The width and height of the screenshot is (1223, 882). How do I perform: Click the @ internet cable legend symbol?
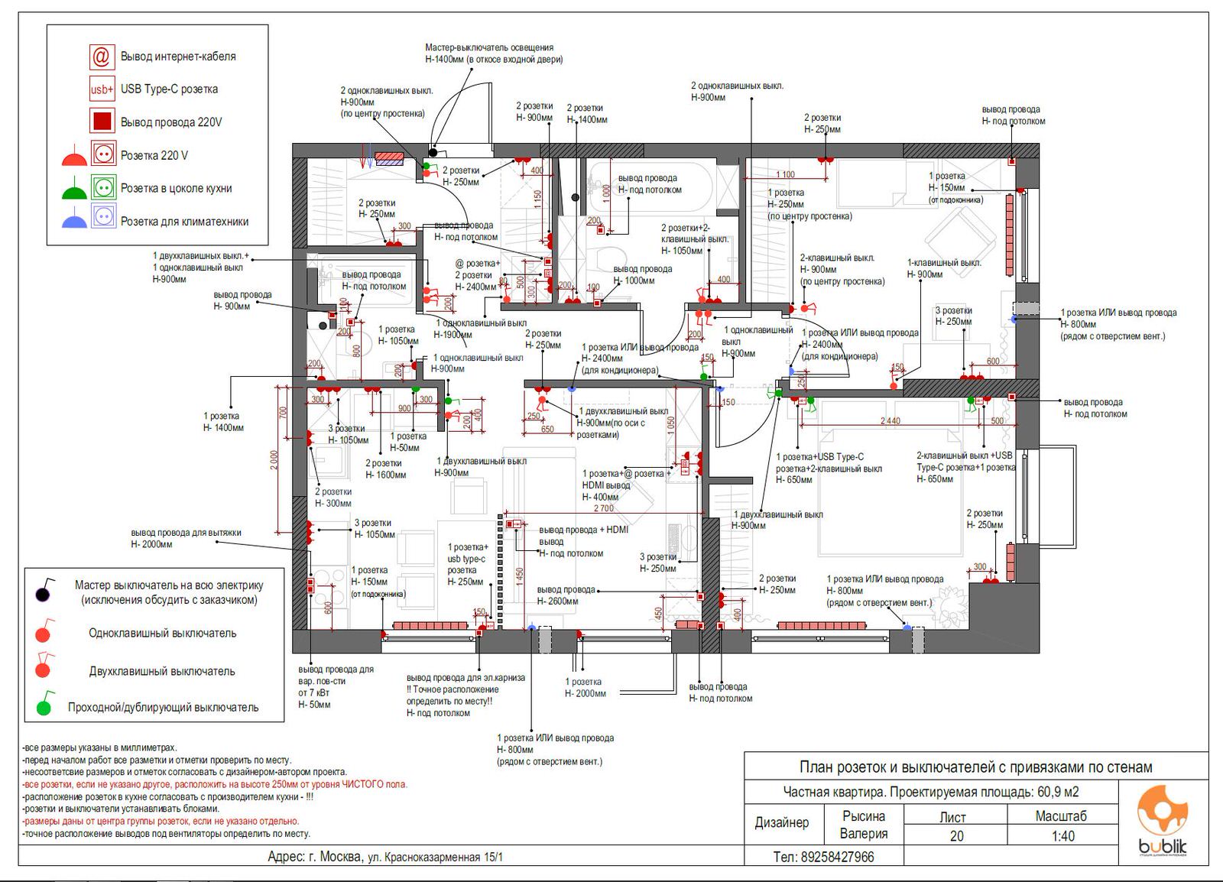tap(102, 57)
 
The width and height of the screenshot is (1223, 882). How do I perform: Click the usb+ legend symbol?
tap(102, 89)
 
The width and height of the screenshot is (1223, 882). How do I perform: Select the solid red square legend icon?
tap(102, 122)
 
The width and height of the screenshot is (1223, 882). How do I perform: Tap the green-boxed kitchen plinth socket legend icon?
tap(102, 187)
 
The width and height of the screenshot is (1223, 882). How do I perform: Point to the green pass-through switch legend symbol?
tap(44, 706)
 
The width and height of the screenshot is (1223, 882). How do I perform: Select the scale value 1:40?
tap(1060, 836)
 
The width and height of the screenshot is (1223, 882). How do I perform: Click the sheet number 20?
tap(956, 836)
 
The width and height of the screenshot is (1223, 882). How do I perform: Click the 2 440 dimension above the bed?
tap(890, 421)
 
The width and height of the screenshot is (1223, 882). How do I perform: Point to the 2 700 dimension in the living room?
tap(603, 507)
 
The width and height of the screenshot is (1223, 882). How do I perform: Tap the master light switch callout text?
tap(494, 54)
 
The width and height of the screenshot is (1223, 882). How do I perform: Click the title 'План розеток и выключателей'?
tap(975, 767)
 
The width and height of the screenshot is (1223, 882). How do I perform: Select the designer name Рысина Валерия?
tap(864, 825)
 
